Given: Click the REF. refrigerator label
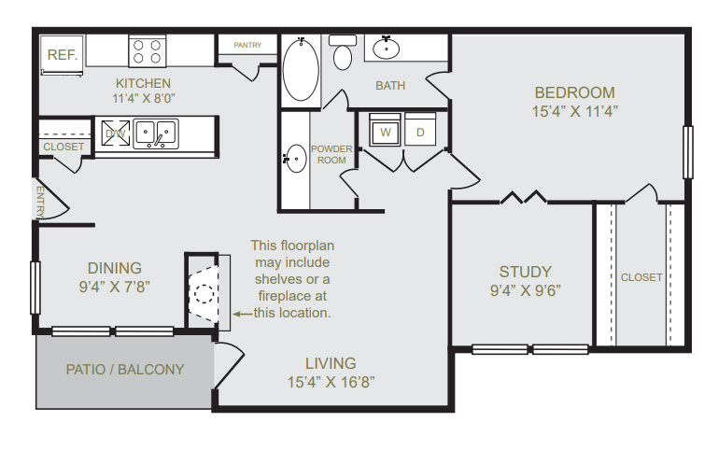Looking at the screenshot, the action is [x=63, y=55].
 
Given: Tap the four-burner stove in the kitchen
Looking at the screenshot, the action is [x=148, y=51].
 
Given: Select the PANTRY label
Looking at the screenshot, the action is [x=247, y=45].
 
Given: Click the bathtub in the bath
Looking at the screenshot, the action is [x=301, y=70].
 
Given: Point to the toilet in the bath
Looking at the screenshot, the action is [x=343, y=51].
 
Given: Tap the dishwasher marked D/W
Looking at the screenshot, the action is [x=116, y=134].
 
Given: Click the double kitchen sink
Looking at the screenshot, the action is [x=156, y=134].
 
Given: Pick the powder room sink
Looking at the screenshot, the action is [x=295, y=159].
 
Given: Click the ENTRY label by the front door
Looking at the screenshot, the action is [x=40, y=202].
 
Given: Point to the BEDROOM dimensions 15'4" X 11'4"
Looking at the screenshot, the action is [x=575, y=111].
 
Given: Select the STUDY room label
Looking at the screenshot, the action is [x=526, y=272].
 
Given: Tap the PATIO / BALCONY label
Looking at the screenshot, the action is [x=125, y=370].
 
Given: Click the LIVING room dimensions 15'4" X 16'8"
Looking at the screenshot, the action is [x=331, y=382].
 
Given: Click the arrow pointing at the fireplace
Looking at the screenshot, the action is [x=243, y=314].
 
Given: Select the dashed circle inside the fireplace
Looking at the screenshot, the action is [x=204, y=293].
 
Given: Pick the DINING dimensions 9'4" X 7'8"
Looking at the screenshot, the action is [x=115, y=287].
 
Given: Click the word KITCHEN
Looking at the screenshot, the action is [x=144, y=83].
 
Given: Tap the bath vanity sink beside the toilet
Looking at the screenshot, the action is [x=386, y=49].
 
